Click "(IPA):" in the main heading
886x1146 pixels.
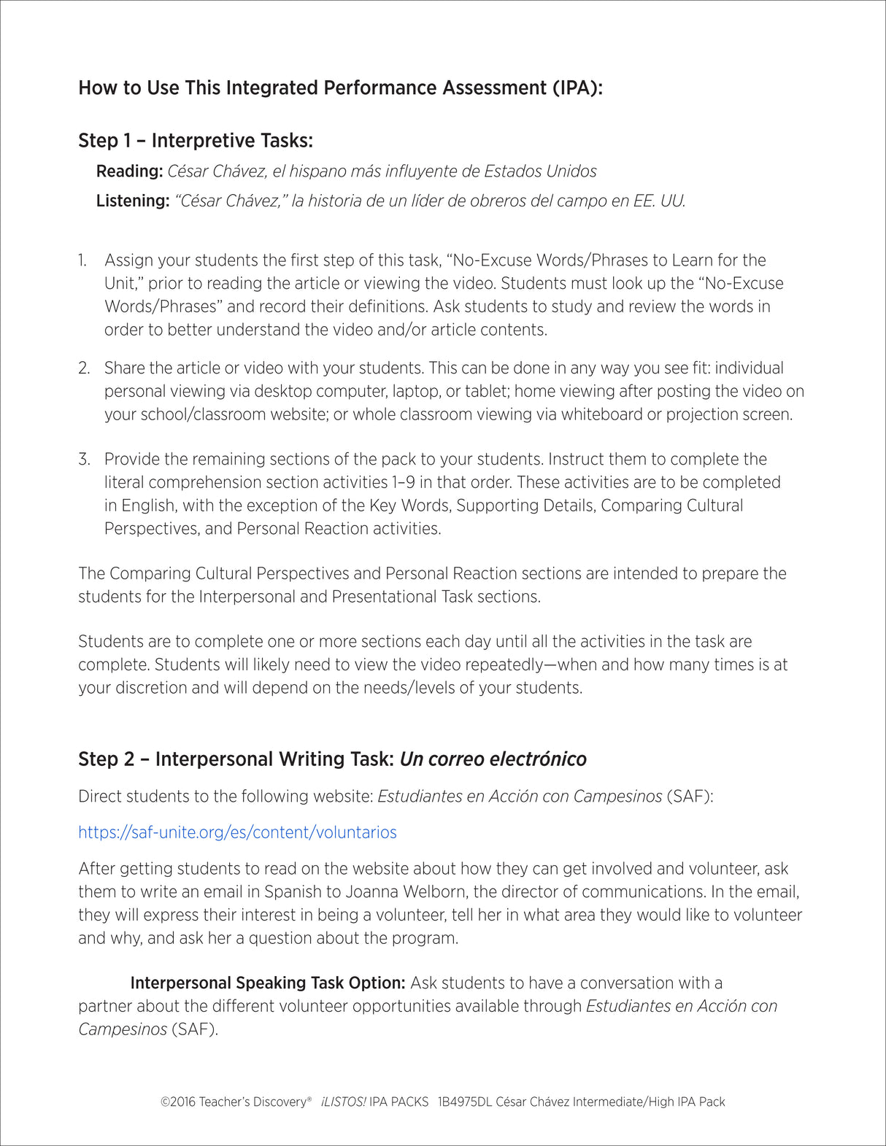577,88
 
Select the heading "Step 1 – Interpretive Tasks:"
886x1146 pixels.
196,141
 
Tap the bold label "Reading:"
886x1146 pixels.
129,171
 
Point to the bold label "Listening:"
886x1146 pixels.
133,201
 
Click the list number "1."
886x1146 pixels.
83,260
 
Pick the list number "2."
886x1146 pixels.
84,368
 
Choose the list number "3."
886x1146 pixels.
84,460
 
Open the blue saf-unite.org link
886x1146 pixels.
237,832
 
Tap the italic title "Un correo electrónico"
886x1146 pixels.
493,759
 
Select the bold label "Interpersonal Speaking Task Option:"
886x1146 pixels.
267,983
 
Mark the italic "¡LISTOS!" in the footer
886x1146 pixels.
343,1102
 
